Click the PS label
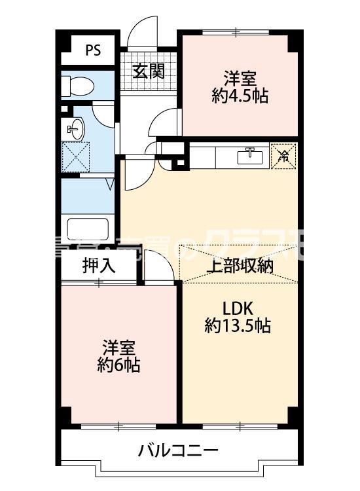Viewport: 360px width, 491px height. [x=92, y=51]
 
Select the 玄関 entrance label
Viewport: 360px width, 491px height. [x=148, y=71]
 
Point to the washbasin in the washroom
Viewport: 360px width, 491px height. [x=74, y=128]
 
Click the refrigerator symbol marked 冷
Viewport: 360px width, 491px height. [x=283, y=156]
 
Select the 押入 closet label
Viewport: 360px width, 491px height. [x=98, y=266]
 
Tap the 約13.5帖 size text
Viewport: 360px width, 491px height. [x=238, y=325]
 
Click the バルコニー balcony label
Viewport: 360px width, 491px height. [x=178, y=450]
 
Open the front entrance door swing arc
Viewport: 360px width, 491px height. [x=142, y=34]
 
